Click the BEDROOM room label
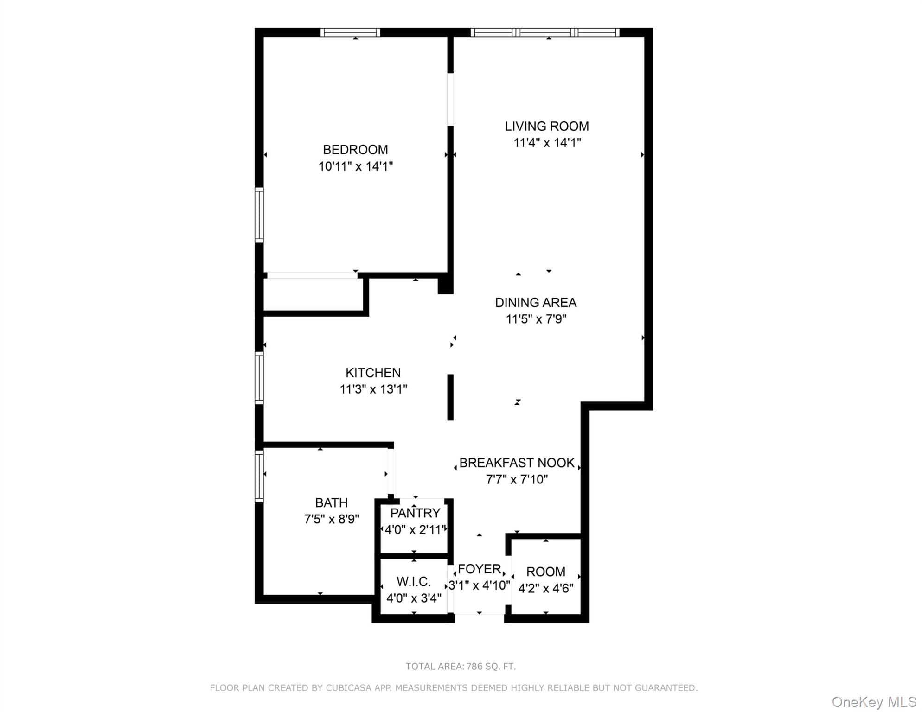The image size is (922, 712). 355,150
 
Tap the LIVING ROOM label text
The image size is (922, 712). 547,126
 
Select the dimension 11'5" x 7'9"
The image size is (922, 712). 536,319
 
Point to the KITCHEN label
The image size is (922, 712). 373,373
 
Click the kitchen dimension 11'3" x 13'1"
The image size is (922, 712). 373,389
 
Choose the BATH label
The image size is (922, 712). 331,502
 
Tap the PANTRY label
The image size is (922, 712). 415,513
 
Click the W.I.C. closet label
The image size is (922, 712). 413,581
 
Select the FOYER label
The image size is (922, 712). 479,569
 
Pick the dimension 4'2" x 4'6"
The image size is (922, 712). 545,588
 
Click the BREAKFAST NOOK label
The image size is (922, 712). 517,463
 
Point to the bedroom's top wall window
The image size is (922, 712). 350,32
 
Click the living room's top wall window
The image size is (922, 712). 545,32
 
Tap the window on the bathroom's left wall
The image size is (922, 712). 259,476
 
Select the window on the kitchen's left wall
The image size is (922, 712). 259,378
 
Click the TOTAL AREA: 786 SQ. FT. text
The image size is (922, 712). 461,666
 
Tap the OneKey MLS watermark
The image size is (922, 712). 874,702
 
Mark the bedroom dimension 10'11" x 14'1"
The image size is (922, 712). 355,166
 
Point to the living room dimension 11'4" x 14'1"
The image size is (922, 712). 547,142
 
